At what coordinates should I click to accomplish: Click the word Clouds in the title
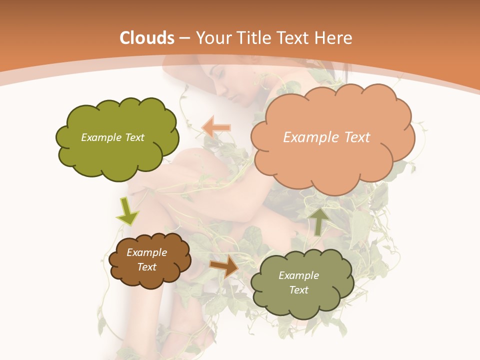tap(147, 38)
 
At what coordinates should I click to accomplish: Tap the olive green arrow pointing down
tap(127, 211)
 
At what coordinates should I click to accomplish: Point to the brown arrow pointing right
tap(224, 266)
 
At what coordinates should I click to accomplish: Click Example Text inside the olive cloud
tap(112, 137)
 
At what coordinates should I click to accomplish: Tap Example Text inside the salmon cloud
tap(326, 137)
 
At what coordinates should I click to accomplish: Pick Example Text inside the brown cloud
tap(147, 259)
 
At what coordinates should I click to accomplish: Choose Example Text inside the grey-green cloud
tap(298, 282)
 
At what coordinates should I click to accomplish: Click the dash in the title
tap(184, 38)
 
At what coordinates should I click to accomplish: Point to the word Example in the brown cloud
tap(147, 252)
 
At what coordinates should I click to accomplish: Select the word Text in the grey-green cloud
tap(298, 290)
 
